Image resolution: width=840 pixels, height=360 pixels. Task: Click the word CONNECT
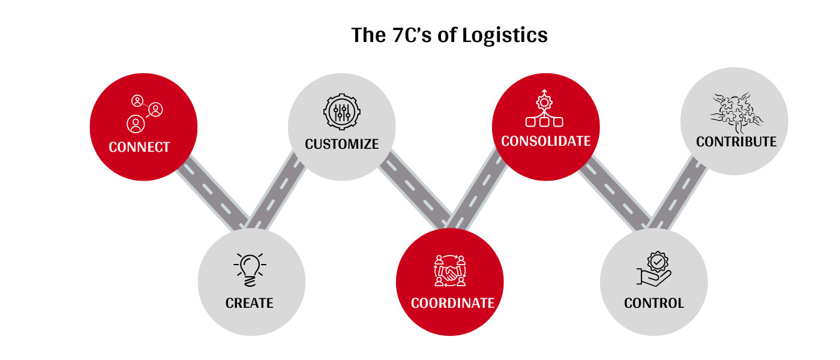(x=139, y=147)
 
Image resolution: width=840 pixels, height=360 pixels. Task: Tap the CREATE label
(x=250, y=303)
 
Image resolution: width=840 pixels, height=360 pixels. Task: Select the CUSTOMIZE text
(x=341, y=144)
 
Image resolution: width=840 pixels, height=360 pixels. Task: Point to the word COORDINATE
(x=452, y=303)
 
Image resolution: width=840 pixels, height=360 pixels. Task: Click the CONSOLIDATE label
(x=546, y=142)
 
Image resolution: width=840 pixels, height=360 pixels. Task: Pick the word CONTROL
(x=653, y=303)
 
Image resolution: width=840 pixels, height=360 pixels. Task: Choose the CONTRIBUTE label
(x=736, y=142)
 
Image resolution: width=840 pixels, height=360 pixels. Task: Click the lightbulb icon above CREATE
(x=250, y=269)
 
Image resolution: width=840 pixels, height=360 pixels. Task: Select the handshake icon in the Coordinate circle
(x=450, y=271)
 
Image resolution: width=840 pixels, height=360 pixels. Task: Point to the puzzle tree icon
(x=735, y=111)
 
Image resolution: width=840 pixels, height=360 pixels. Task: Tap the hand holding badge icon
(x=654, y=269)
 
